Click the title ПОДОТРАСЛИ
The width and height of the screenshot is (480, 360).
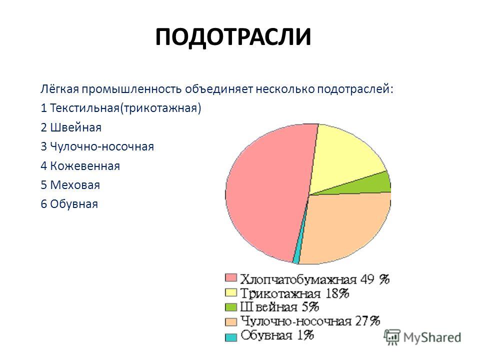233,37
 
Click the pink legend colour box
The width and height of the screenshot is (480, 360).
231,278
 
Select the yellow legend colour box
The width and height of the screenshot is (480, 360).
231,292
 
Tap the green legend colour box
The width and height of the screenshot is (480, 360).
231,307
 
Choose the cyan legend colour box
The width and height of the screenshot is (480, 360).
231,337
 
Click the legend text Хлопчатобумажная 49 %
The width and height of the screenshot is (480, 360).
314,279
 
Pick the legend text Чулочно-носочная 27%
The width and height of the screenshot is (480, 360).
310,321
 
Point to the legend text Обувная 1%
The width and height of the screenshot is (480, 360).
277,335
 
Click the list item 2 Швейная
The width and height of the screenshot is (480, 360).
71,127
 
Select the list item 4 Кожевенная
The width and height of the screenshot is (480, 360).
80,166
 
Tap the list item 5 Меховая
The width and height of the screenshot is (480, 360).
70,185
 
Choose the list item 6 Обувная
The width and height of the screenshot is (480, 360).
69,204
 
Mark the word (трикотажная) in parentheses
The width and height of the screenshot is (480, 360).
160,108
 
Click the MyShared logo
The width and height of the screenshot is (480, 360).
423,337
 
